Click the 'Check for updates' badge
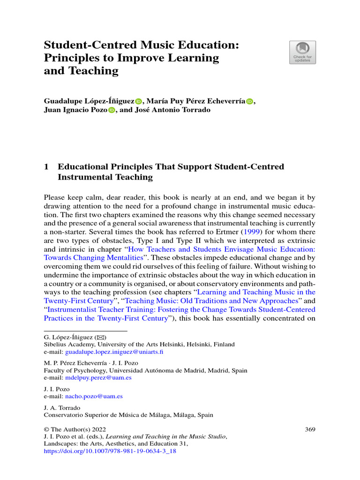302,52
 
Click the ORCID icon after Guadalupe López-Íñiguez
138,101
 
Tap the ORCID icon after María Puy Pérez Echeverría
249,101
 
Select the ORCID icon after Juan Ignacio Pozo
112,110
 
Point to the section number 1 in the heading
46,167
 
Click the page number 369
310,429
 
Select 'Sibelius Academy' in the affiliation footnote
65,345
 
